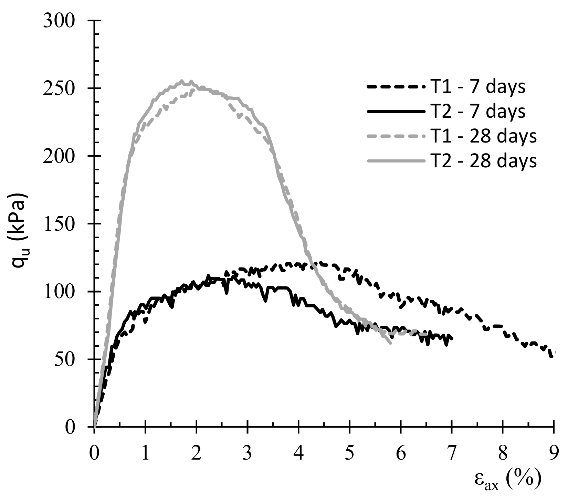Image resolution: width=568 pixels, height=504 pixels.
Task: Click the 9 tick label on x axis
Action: click(x=553, y=454)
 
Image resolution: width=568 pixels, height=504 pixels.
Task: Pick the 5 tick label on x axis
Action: click(x=349, y=454)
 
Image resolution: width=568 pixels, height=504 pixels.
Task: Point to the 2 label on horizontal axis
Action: click(x=196, y=454)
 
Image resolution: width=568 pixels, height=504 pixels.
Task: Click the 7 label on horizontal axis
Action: click(x=451, y=454)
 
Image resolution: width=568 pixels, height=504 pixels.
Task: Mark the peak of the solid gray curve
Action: click(x=182, y=81)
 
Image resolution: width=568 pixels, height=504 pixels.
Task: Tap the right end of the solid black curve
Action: click(x=452, y=339)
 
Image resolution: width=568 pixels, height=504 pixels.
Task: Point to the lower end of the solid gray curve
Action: click(x=391, y=343)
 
